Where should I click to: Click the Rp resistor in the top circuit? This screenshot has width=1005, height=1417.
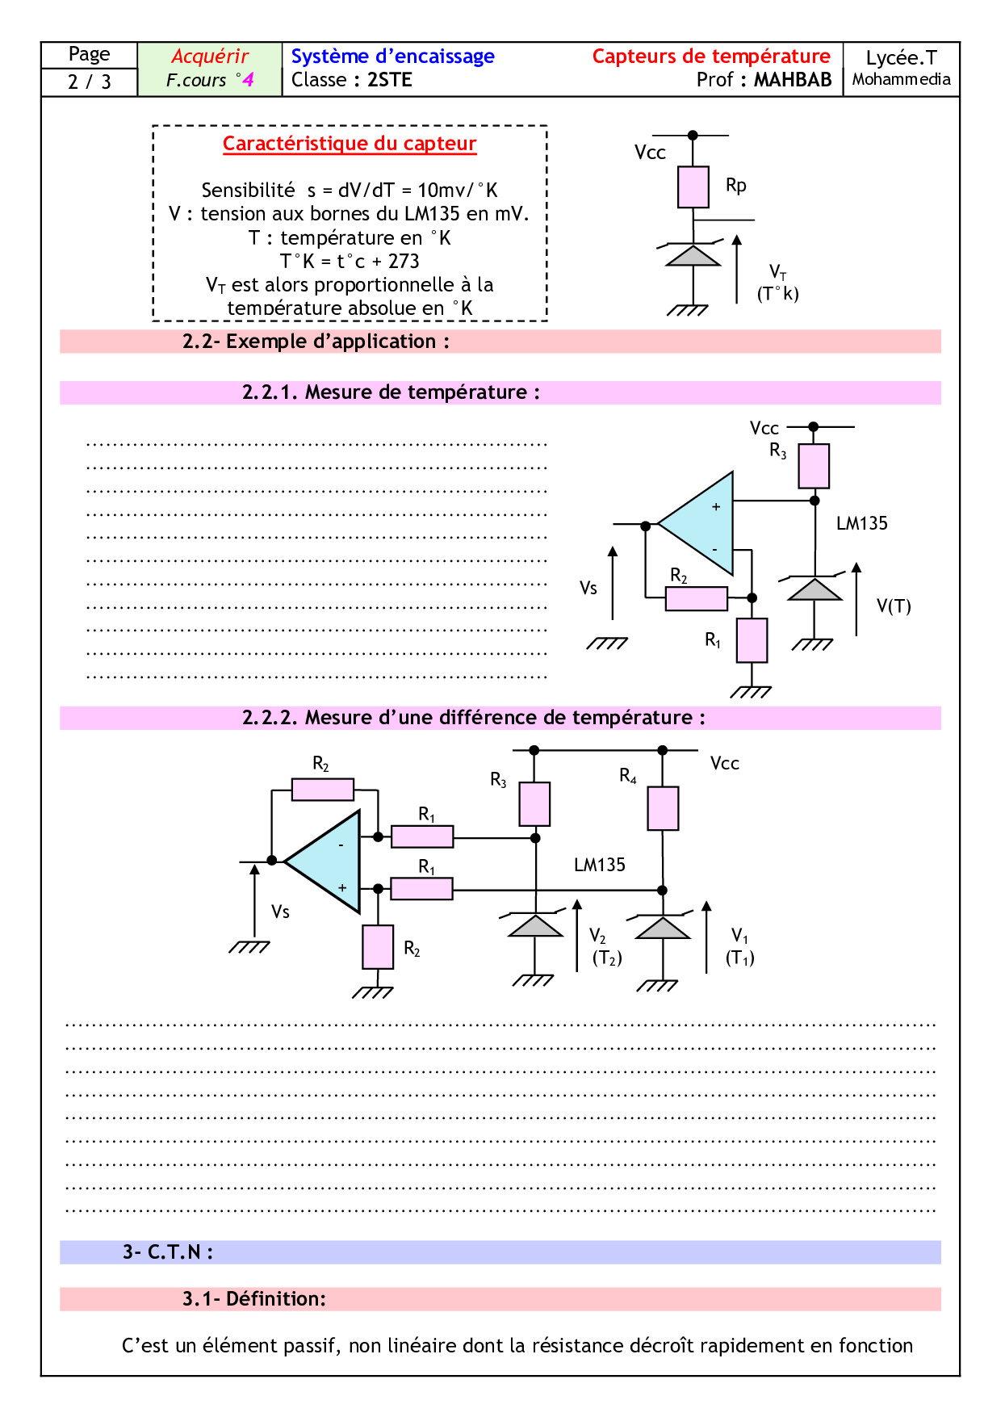(693, 187)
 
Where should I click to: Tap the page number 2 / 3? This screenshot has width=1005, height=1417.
(89, 82)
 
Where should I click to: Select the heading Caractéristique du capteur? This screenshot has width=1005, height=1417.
(350, 144)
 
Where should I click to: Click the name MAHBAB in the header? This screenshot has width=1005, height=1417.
(793, 80)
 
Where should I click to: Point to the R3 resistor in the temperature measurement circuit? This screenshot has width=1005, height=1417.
(814, 466)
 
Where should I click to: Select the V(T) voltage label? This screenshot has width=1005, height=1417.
(894, 606)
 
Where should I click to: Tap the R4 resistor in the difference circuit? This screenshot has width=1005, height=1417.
(663, 808)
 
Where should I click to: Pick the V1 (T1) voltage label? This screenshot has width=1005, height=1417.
(739, 947)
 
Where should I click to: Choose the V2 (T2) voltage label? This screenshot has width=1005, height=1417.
(606, 947)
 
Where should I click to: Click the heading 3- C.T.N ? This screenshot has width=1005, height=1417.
(168, 1252)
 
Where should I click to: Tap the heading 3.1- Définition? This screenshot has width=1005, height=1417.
(253, 1299)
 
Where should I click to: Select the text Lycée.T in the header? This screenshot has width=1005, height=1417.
(901, 58)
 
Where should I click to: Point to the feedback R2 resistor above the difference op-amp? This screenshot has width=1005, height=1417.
(322, 789)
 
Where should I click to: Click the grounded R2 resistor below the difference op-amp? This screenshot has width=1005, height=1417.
(378, 946)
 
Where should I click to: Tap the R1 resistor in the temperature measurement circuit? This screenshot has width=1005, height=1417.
(752, 640)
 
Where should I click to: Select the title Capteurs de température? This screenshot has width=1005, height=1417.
(710, 57)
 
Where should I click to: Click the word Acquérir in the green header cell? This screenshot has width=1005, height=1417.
(210, 57)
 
